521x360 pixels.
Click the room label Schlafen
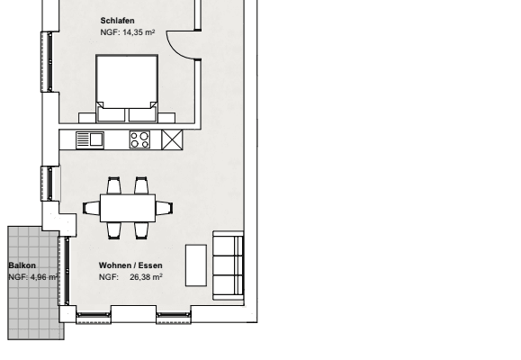click(x=117, y=21)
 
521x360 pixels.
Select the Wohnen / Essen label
click(x=130, y=265)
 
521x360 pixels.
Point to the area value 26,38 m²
click(x=146, y=277)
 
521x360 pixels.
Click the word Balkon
click(x=22, y=265)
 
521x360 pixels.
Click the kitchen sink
click(x=90, y=139)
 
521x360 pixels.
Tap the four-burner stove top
click(x=139, y=139)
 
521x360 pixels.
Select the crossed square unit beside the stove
click(x=172, y=139)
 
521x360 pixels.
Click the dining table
click(x=128, y=209)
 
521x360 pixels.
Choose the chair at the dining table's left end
click(x=92, y=209)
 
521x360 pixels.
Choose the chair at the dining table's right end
click(x=164, y=209)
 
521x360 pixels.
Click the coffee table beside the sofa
click(x=196, y=265)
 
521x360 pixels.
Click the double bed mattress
click(x=127, y=82)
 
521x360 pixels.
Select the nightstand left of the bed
click(x=87, y=118)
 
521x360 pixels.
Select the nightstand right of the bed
click(x=166, y=118)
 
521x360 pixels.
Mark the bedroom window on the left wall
click(x=47, y=62)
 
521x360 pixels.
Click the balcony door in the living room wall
click(x=64, y=271)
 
